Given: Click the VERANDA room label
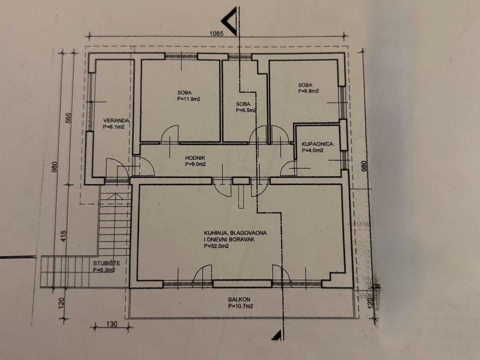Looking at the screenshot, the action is [116, 120].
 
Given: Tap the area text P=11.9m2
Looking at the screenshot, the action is [188, 99].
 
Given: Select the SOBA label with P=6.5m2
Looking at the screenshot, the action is [243, 104].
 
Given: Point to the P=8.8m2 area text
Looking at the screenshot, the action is [308, 91].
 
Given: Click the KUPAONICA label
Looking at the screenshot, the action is [317, 144].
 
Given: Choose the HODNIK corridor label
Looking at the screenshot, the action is [195, 158].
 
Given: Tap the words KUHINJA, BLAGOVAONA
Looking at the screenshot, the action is [235, 233].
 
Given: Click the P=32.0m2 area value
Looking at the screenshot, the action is [216, 246].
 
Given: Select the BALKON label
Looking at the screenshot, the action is [239, 299].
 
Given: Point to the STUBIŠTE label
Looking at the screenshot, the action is [106, 263].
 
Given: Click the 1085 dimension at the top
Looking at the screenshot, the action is [216, 33].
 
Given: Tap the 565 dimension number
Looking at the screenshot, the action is [68, 118].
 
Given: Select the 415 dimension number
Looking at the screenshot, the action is [63, 236].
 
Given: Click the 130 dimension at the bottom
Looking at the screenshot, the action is [112, 323].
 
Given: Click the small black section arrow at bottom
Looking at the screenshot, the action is [277, 335].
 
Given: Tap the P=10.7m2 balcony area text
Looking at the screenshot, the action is [240, 306].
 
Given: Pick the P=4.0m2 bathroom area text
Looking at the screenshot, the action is [312, 150].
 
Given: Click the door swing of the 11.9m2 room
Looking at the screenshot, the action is [169, 134].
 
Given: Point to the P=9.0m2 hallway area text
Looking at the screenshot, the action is [195, 164].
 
